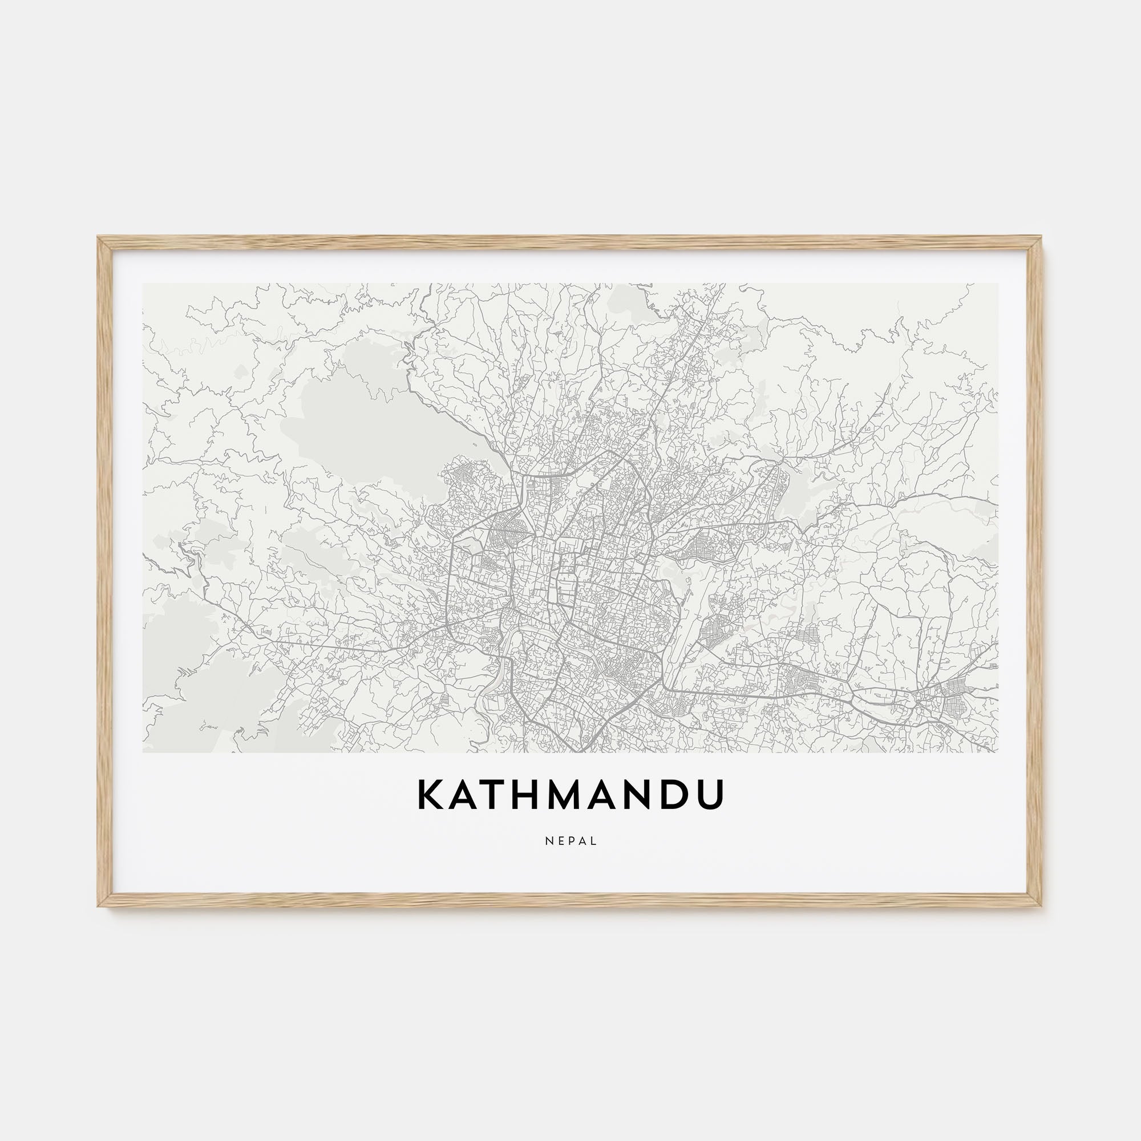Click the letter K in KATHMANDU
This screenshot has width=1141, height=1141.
click(430, 795)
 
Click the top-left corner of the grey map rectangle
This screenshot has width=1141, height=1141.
click(143, 284)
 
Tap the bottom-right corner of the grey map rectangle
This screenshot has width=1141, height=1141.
click(998, 752)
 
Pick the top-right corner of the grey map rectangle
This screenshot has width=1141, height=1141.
click(998, 284)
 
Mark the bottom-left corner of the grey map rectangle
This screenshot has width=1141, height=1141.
click(143, 752)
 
